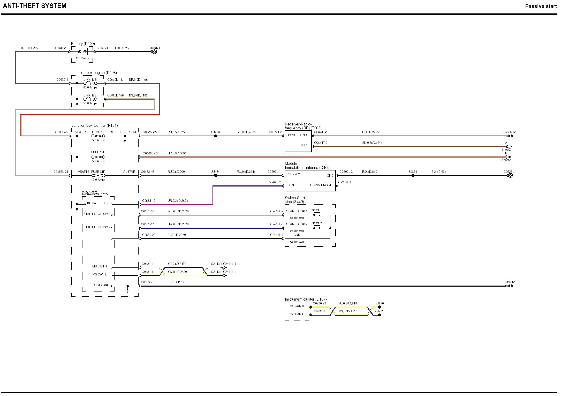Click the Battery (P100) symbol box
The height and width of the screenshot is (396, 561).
82,52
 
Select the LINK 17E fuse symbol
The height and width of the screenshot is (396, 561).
90,83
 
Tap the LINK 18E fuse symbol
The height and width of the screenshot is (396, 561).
90,99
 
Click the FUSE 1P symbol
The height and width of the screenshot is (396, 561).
98,136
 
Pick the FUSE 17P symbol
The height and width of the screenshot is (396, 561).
98,157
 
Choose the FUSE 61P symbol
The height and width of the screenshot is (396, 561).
98,175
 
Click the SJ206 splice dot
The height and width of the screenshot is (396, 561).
216,136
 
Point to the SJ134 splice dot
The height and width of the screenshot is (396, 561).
216,175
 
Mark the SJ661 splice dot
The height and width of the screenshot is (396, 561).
413,175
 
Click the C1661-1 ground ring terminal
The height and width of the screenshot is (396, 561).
154,52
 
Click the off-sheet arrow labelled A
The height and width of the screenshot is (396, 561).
509,146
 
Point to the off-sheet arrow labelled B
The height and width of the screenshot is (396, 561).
509,157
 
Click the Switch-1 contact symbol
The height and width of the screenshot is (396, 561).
317,214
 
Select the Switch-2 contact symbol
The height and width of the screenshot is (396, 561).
317,227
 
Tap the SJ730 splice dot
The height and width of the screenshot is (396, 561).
380,307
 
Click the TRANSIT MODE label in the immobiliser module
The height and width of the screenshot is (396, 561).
321,185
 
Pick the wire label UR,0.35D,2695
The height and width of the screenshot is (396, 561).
178,201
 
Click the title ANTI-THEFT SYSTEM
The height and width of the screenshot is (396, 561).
35,6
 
